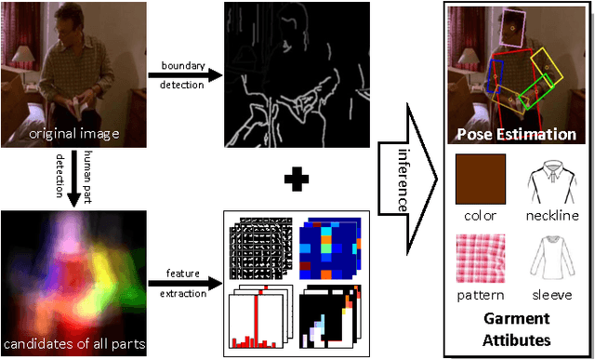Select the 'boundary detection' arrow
[x=184, y=73]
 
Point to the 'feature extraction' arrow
[x=184, y=279]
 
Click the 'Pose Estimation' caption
[x=516, y=135]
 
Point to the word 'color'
[x=480, y=215]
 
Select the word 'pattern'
[x=480, y=296]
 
